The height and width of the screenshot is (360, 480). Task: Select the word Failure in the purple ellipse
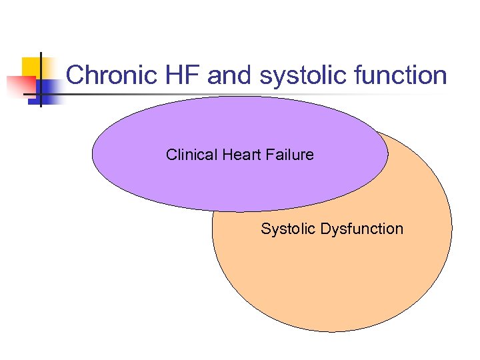click(288, 155)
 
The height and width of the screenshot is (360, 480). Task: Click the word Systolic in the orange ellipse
click(288, 229)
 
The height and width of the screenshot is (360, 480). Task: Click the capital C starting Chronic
click(74, 75)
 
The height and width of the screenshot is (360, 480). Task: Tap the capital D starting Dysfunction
click(325, 229)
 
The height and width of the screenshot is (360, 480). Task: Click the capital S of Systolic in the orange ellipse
click(265, 229)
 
